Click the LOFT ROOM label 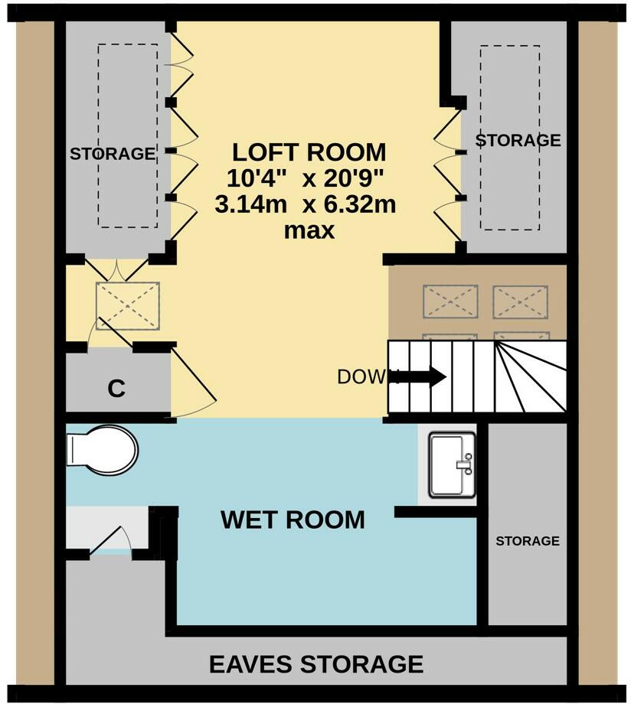[x=309, y=151]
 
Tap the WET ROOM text [x=293, y=520]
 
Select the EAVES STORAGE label [x=316, y=663]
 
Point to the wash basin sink [x=452, y=464]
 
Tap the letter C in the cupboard [x=116, y=389]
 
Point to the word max [x=309, y=230]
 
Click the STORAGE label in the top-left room [x=113, y=154]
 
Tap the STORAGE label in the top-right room [x=518, y=141]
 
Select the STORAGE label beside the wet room [x=527, y=541]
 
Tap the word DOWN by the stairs [x=365, y=376]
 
